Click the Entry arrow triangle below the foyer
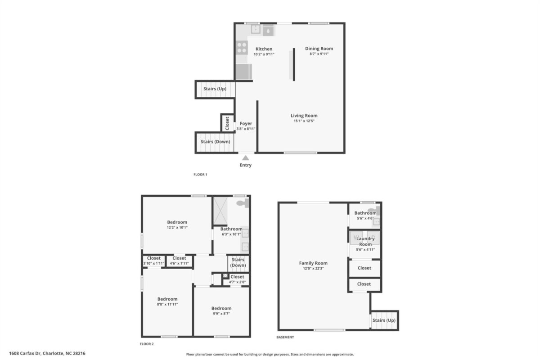245,157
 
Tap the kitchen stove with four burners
242,48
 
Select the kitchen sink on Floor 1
256,29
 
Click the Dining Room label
319,49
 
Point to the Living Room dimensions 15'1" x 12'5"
304,121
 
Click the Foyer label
246,123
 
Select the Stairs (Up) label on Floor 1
215,89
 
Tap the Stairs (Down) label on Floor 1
215,142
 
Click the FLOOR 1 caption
200,174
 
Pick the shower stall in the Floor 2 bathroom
220,211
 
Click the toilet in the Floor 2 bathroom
243,203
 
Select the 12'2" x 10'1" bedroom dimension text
177,227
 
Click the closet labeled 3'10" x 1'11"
153,261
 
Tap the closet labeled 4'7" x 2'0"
237,279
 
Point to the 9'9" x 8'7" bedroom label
221,311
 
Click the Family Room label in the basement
313,263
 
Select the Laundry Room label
365,241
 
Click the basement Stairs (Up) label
384,320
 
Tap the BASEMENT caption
285,337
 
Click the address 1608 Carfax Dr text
25,353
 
